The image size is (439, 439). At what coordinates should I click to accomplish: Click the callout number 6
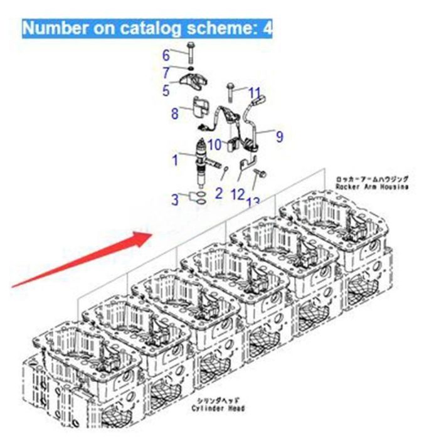point(166,55)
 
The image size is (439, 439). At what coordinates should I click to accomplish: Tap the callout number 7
point(166,72)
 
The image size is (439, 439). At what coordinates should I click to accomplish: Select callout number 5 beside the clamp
point(166,91)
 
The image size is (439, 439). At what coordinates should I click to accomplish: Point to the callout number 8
point(175,114)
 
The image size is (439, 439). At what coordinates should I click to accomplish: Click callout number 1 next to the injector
point(176,161)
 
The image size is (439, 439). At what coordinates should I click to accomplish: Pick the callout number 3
point(176,200)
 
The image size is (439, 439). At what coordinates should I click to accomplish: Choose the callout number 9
point(279,135)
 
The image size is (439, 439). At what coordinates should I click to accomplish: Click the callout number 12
point(237,194)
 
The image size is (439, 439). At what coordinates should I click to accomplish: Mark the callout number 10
point(214,145)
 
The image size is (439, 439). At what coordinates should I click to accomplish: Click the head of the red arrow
point(145,236)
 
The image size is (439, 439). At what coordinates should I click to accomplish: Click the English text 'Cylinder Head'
point(220,409)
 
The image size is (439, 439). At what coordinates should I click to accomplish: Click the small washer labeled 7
point(189,68)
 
